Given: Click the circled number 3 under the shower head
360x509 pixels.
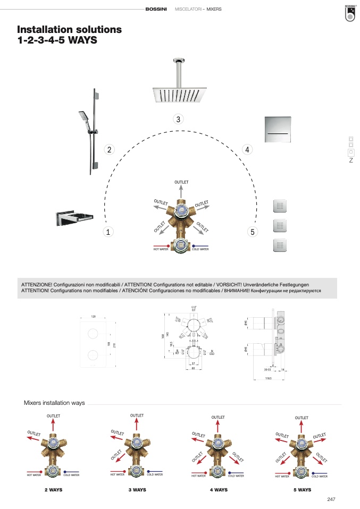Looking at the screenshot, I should click(179, 119).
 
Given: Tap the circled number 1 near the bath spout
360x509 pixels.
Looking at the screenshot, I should click(108, 232).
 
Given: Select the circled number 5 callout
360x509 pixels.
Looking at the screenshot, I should click(252, 232).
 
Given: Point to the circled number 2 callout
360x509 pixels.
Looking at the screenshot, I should click(108, 150).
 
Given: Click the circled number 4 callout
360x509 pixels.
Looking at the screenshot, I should click(247, 150).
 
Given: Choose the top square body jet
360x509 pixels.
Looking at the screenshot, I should click(280, 206).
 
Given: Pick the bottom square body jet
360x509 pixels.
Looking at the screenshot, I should click(280, 245).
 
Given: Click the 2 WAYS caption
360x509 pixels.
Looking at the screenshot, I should click(53, 490).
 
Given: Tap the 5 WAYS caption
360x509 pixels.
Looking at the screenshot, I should click(302, 490).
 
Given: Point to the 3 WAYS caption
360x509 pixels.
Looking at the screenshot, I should click(137, 490).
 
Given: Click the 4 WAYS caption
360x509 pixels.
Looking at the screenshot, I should click(219, 490).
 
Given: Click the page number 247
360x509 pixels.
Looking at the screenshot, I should click(331, 499).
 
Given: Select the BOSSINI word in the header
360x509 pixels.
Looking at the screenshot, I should click(156, 10).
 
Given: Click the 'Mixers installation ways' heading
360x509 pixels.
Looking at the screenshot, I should click(54, 403).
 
